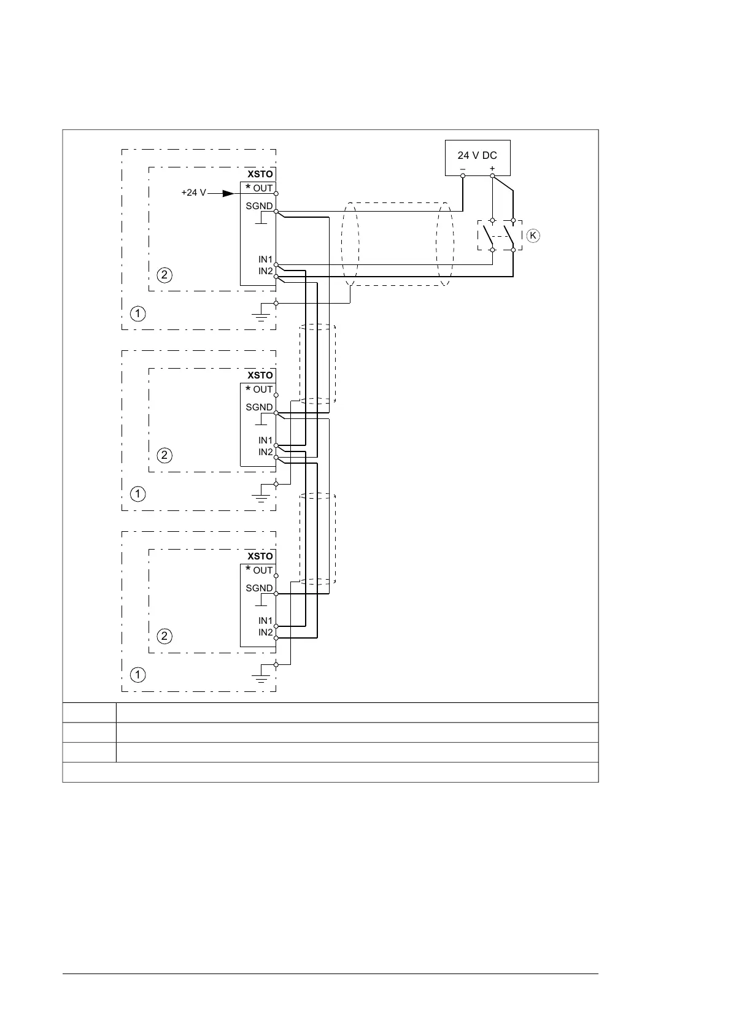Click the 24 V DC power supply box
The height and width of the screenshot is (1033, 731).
click(477, 158)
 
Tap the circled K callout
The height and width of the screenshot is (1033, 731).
click(533, 236)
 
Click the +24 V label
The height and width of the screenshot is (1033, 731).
click(193, 193)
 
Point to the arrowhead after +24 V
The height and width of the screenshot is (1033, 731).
click(228, 193)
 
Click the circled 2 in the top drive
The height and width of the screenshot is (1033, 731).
click(164, 274)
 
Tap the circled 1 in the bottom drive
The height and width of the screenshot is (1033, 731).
click(138, 675)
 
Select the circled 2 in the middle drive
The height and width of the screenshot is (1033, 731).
click(164, 455)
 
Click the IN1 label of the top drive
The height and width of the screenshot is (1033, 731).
click(265, 260)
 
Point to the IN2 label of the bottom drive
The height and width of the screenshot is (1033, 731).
click(265, 632)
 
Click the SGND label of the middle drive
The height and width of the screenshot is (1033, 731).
click(259, 407)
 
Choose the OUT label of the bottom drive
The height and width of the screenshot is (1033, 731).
click(263, 570)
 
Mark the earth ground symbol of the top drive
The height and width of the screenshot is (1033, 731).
click(261, 317)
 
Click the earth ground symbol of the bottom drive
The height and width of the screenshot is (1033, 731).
click(261, 678)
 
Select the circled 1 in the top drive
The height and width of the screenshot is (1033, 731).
click(138, 313)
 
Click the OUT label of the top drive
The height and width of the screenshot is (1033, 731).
click(263, 188)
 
